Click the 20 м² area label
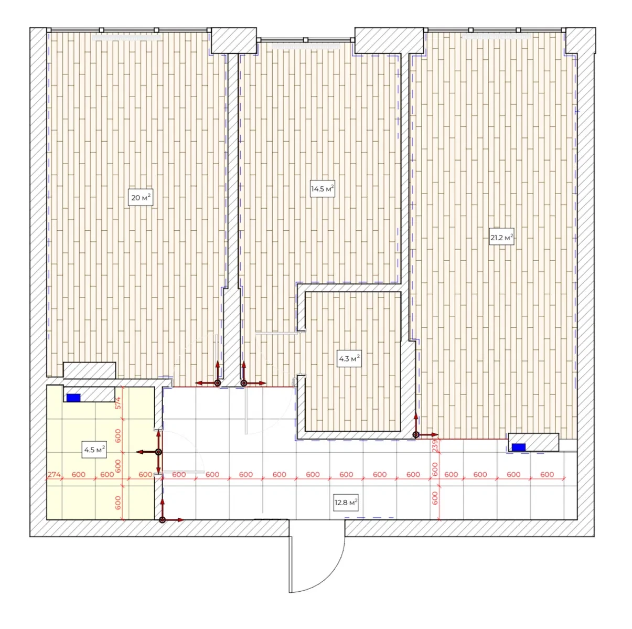click(x=141, y=198)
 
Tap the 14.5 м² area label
click(x=323, y=189)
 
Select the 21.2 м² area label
click(x=501, y=237)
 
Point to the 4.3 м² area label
click(x=349, y=359)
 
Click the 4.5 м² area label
click(x=94, y=450)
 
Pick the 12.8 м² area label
click(x=346, y=503)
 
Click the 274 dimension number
click(x=54, y=474)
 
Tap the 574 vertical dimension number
click(x=118, y=403)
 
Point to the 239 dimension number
click(x=435, y=446)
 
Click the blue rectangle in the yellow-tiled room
click(x=73, y=398)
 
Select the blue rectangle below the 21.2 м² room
click(x=519, y=447)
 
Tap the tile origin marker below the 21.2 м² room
click(x=416, y=435)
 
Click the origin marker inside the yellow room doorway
click(x=158, y=452)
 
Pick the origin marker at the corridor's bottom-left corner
click(x=162, y=520)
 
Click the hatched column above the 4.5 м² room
click(x=89, y=370)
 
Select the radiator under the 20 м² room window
click(x=126, y=38)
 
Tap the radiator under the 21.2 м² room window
click(x=496, y=36)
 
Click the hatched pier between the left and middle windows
click(x=234, y=40)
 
